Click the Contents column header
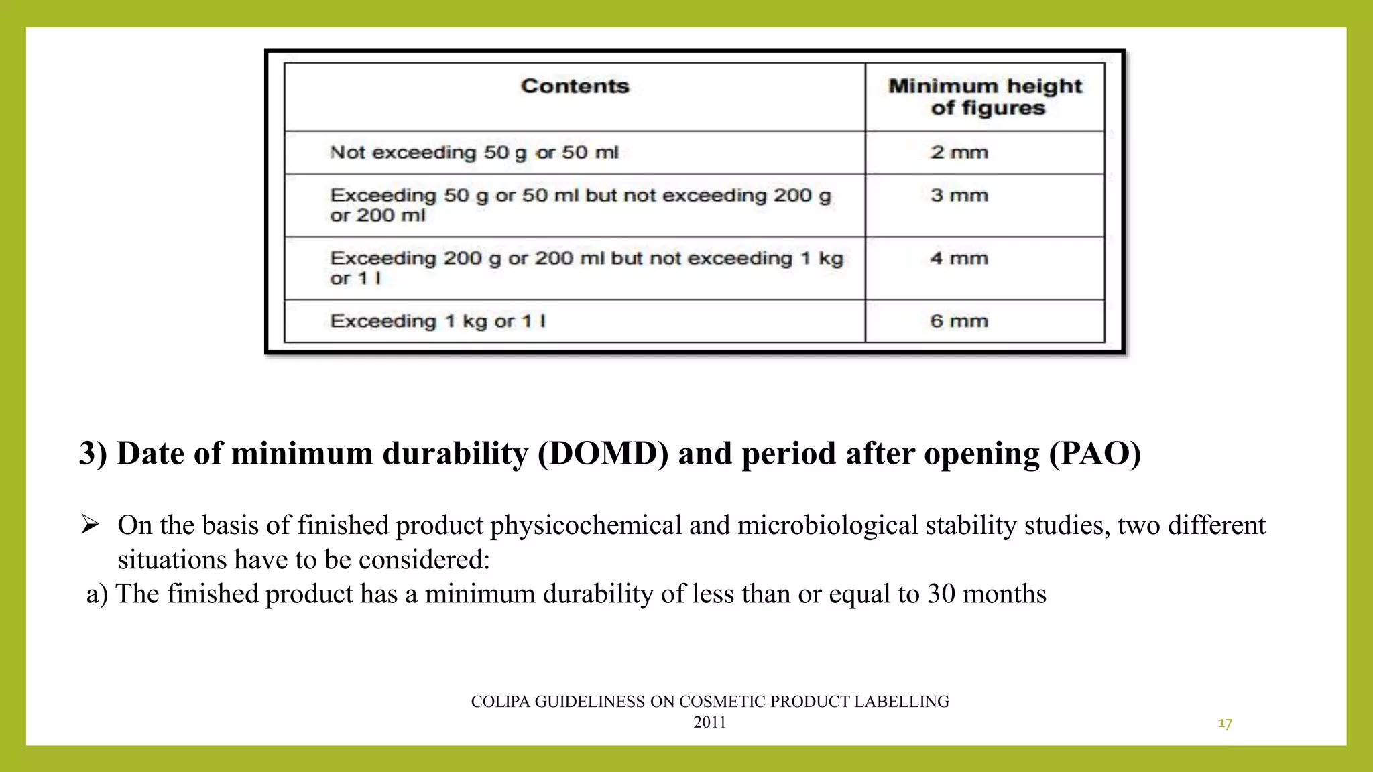coord(575,86)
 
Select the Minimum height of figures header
coord(986,96)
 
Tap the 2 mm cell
coord(959,152)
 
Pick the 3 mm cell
coord(959,195)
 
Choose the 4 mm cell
coord(959,258)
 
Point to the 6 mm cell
coord(959,321)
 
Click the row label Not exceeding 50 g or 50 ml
coord(474,153)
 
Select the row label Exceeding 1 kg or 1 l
coord(438,321)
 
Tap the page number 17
coord(1225,724)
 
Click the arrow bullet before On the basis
coord(90,524)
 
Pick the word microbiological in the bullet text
coord(828,526)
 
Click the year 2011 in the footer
coord(710,722)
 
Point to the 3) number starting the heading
coord(93,454)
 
